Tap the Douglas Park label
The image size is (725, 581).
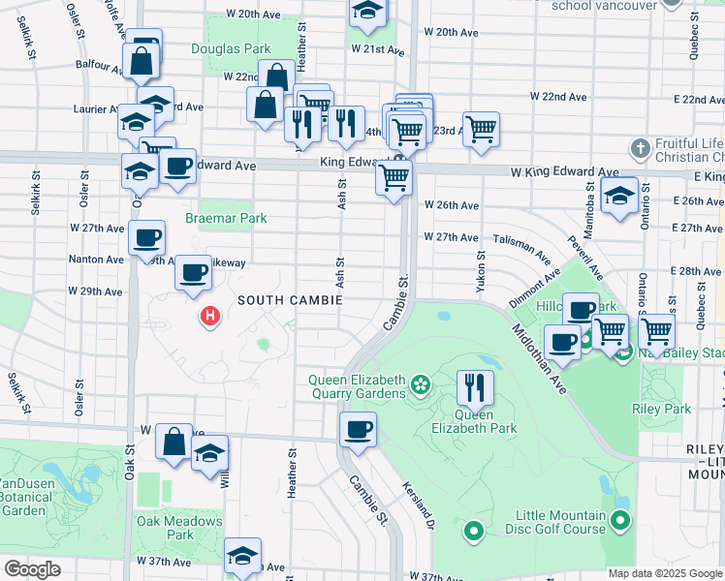point(231,47)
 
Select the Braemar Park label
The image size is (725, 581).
point(233,219)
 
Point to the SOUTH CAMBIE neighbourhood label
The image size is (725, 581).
point(286,301)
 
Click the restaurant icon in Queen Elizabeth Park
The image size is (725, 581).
point(474,387)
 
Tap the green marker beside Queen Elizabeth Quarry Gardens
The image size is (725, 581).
point(420,385)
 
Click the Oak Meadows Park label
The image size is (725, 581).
point(166,528)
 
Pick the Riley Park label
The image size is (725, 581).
point(665,410)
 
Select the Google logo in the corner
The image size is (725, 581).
point(32,569)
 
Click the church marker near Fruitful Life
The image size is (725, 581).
point(639,149)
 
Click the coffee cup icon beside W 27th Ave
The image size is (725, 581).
point(147,236)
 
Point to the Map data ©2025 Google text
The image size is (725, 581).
point(664,573)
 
